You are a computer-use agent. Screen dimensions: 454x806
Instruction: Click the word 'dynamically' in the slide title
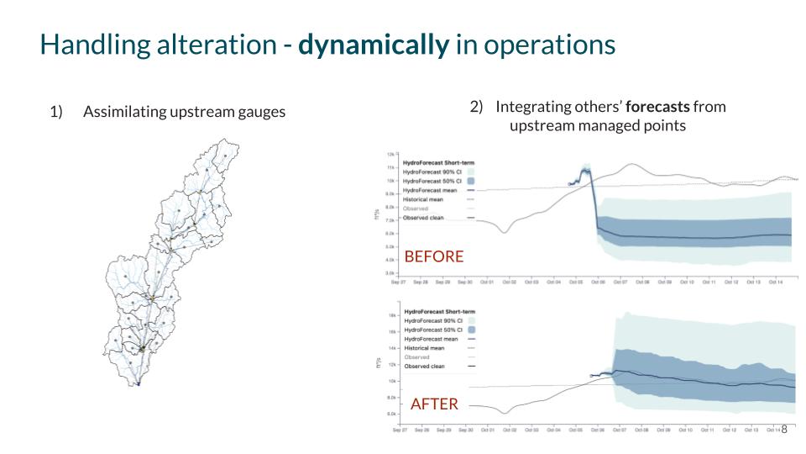coord(374,45)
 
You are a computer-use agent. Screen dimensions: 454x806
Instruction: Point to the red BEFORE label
coord(433,256)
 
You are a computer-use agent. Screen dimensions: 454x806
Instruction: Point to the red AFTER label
coord(434,404)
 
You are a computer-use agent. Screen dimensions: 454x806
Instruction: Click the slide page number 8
coord(784,429)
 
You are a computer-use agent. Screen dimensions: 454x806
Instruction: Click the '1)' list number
coord(56,112)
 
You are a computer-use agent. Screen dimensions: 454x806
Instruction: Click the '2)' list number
coord(476,108)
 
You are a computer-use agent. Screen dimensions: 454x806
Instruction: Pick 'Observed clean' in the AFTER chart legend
coord(426,367)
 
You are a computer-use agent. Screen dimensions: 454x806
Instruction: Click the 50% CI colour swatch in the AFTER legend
coord(472,330)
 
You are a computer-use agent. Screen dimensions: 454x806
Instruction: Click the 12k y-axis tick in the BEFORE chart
coord(390,155)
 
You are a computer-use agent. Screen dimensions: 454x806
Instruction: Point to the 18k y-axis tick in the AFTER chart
coord(391,315)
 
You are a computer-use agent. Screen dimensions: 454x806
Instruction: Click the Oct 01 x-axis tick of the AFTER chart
coord(487,430)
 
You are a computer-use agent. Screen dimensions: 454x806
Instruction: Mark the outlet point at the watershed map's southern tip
coord(139,383)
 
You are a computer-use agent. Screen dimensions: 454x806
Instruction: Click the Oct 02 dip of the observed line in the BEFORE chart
coord(504,232)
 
